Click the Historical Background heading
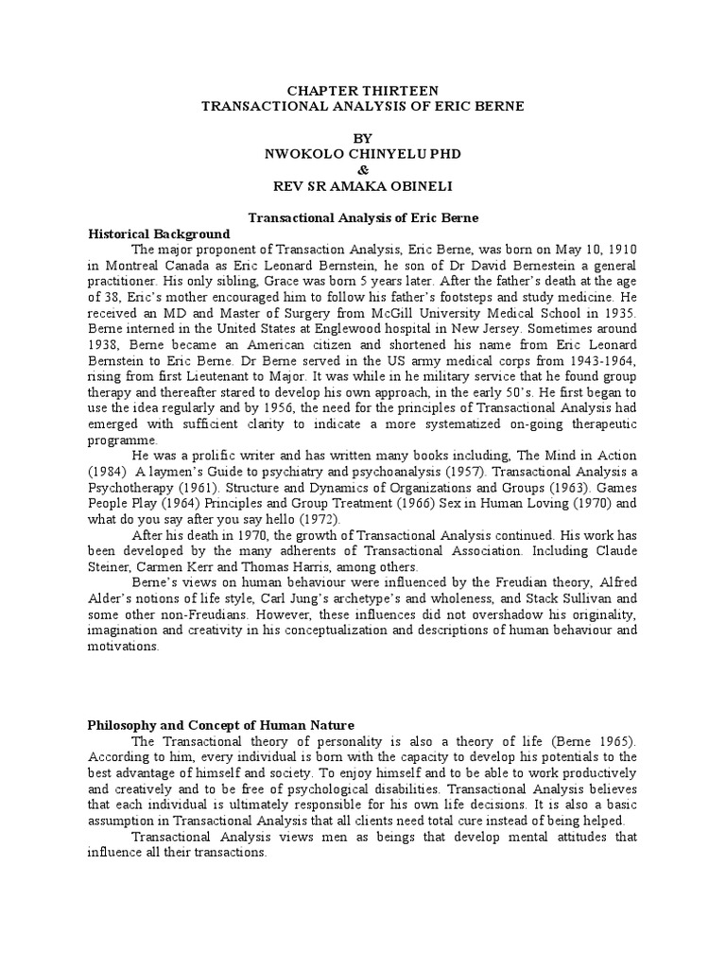[159, 233]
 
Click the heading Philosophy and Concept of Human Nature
[221, 725]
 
